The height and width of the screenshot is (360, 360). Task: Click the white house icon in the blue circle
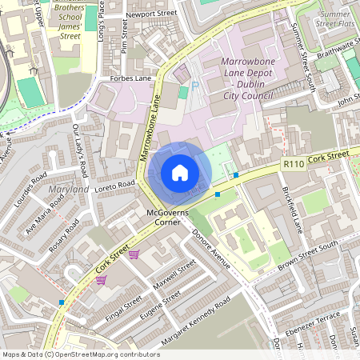coord(179,173)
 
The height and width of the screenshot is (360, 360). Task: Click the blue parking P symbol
coord(195,85)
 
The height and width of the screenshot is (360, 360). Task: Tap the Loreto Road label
coord(117,185)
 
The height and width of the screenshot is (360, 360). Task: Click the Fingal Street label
coord(122,308)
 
